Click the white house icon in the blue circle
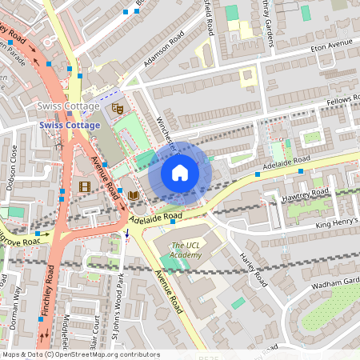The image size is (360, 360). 180,172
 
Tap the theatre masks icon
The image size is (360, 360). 118,107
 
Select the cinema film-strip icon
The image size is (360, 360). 85,186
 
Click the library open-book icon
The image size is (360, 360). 133,194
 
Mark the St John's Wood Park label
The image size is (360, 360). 119,308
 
